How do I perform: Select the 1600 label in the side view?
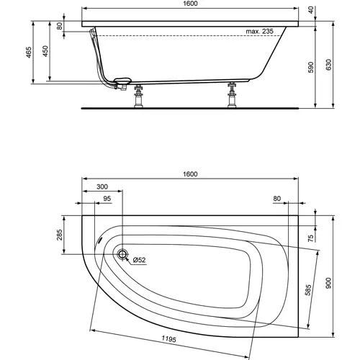[x=189, y=4]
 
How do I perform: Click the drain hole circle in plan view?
[x=122, y=255]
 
